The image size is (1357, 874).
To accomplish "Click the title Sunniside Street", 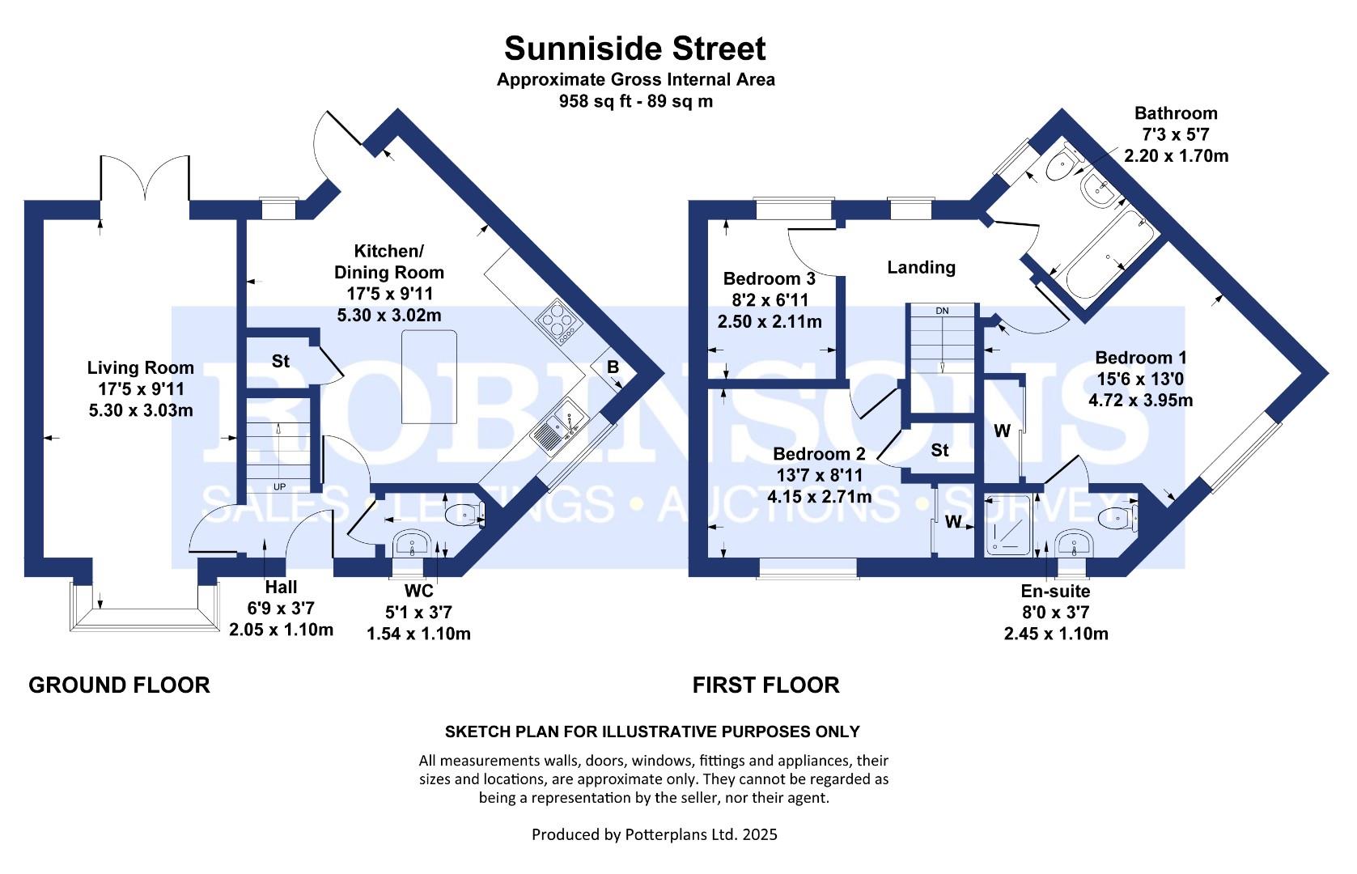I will click(634, 49).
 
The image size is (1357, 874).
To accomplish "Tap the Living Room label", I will click(141, 368).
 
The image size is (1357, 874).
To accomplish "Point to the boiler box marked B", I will click(613, 368).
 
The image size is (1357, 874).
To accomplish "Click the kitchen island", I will click(429, 377).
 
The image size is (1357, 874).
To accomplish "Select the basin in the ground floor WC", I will click(413, 544).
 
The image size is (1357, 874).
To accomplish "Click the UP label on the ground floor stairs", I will click(279, 487).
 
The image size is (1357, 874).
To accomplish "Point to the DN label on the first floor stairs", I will click(942, 311).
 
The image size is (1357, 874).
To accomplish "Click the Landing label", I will click(921, 267).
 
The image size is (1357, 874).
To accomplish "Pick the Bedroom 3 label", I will click(769, 279).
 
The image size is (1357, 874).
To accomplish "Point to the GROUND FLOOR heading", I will click(119, 685).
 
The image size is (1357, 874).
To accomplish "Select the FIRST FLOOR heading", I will click(765, 685).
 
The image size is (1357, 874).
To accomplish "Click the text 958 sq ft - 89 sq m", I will click(635, 102).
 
